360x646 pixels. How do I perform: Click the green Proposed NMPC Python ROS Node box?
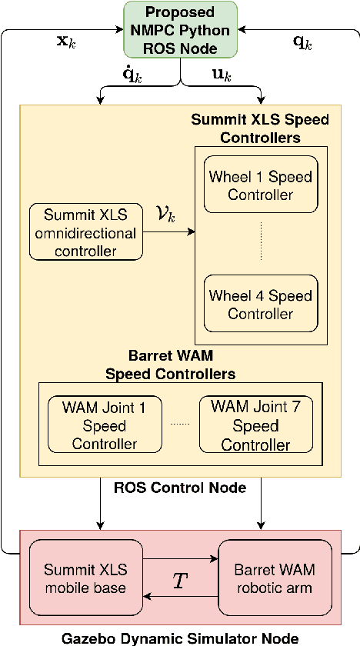(181, 30)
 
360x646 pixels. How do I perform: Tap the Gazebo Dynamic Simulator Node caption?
(181, 637)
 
